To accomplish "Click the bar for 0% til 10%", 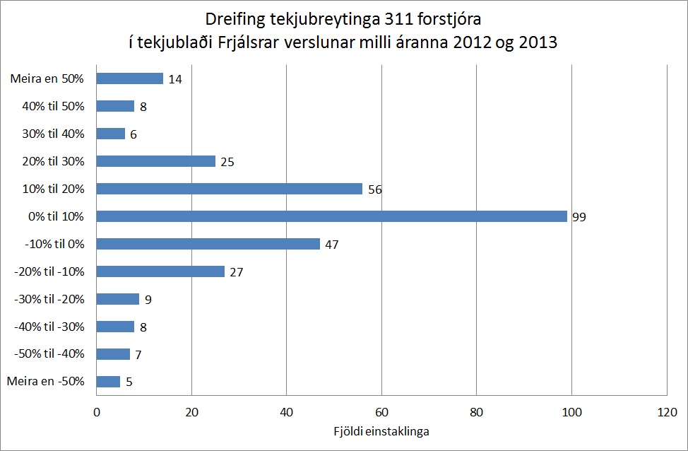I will pyautogui.click(x=331, y=216).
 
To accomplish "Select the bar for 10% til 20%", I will pyautogui.click(x=229, y=189).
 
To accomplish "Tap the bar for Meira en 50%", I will pyautogui.click(x=129, y=78).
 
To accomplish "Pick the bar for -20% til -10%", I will pyautogui.click(x=160, y=271).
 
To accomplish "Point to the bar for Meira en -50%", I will pyautogui.click(x=108, y=382).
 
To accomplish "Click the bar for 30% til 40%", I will pyautogui.click(x=110, y=134).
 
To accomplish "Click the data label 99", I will pyautogui.click(x=579, y=217).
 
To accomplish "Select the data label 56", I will pyautogui.click(x=375, y=189).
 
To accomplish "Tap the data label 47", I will pyautogui.click(x=332, y=245).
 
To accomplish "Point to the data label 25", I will pyautogui.click(x=227, y=162).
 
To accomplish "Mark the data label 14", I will pyautogui.click(x=175, y=79).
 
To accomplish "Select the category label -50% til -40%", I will pyautogui.click(x=49, y=354).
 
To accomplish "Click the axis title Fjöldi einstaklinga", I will pyautogui.click(x=381, y=430).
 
